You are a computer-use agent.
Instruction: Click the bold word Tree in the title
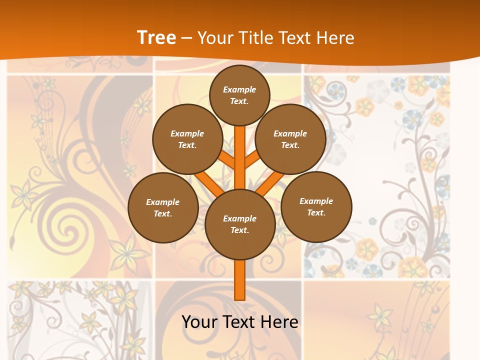pyautogui.click(x=156, y=37)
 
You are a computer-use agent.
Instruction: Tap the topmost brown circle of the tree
pyautogui.click(x=239, y=95)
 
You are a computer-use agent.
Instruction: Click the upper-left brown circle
pyautogui.click(x=187, y=139)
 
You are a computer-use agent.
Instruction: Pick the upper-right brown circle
pyautogui.click(x=290, y=139)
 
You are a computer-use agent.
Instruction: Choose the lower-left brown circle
pyautogui.click(x=163, y=207)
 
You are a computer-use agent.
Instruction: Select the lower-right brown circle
pyautogui.click(x=316, y=206)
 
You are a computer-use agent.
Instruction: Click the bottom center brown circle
pyautogui.click(x=240, y=224)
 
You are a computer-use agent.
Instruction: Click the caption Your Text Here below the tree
pyautogui.click(x=240, y=321)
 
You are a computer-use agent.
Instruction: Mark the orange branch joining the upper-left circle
pyautogui.click(x=226, y=160)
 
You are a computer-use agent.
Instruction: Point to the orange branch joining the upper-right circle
pyautogui.click(x=253, y=159)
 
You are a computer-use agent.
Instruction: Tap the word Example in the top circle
pyautogui.click(x=239, y=89)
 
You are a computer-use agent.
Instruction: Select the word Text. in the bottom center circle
pyautogui.click(x=239, y=230)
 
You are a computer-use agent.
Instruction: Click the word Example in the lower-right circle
pyautogui.click(x=316, y=201)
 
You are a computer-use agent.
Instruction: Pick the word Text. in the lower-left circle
pyautogui.click(x=162, y=214)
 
